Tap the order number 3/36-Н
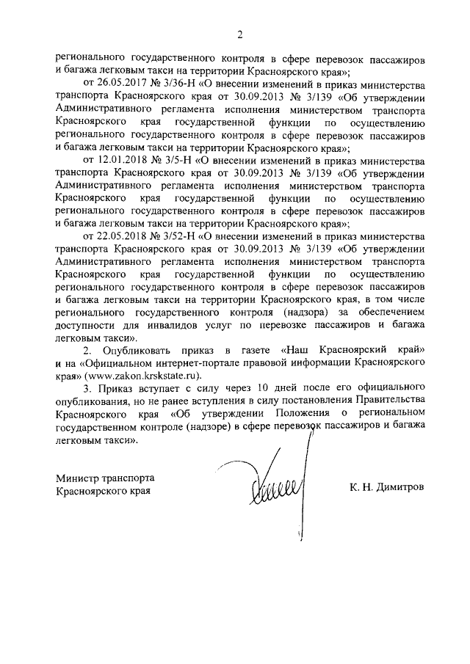(174, 84)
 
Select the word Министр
(80, 478)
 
